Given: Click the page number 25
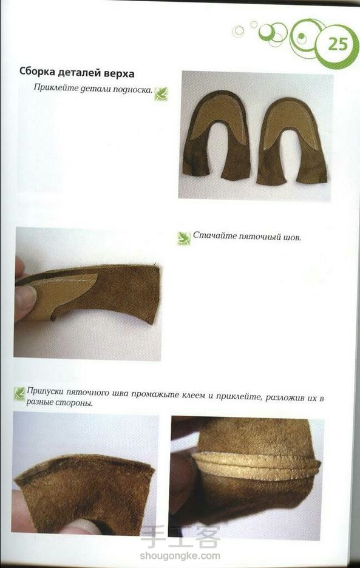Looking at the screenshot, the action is (x=338, y=44).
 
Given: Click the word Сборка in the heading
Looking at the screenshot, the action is (x=37, y=72).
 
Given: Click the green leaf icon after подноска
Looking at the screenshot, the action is (x=161, y=94).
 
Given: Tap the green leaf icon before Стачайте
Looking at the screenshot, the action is (x=184, y=238).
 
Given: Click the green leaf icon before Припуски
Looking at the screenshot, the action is (x=19, y=393).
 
